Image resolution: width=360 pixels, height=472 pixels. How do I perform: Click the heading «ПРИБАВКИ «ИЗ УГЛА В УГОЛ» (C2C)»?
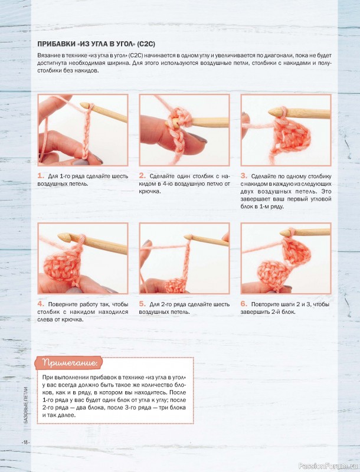96,44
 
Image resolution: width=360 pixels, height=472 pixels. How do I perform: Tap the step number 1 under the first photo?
41,176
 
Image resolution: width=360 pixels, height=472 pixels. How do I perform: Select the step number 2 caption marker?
142,176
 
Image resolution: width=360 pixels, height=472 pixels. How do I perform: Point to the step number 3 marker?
244,176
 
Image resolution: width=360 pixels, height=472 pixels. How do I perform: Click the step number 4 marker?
41,304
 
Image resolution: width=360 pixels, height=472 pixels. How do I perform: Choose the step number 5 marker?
142,304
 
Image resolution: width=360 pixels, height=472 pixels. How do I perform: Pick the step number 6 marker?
244,304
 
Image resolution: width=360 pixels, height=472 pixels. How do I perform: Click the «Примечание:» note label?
70,363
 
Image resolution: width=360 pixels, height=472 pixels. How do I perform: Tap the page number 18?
25,442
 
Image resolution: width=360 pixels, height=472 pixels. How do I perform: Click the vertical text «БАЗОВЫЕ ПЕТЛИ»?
26,405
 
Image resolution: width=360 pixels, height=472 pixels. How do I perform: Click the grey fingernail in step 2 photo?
199,139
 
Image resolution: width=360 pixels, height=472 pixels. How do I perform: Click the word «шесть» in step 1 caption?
120,176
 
